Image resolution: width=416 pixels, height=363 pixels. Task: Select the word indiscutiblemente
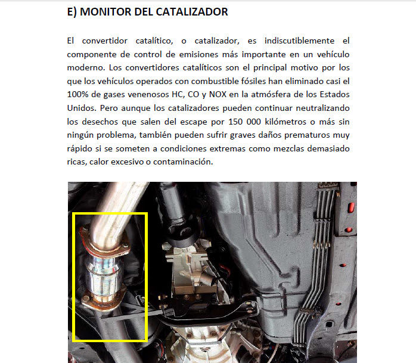pyautogui.click(x=300, y=41)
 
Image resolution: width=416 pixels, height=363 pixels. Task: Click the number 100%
pyautogui.click(x=77, y=94)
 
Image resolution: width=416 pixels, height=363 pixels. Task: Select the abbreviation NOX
pyautogui.click(x=218, y=94)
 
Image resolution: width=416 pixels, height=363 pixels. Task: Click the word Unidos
pyautogui.click(x=82, y=108)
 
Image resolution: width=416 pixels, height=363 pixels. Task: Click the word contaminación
pyautogui.click(x=183, y=162)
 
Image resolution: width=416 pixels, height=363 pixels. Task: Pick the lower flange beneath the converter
pyautogui.click(x=103, y=300)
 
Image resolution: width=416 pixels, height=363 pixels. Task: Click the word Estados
pyautogui.click(x=334, y=94)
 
